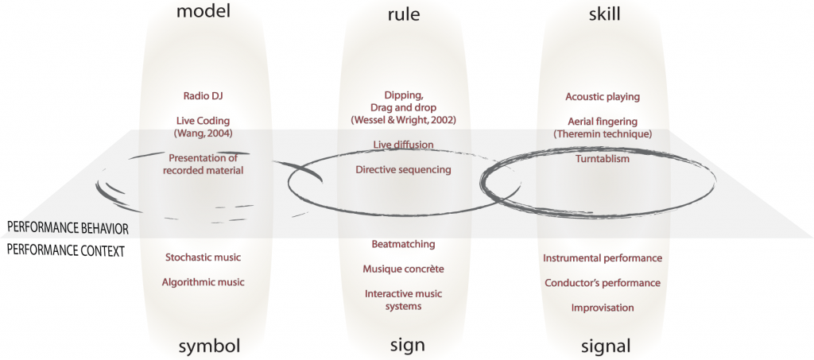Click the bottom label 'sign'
coord(403,346)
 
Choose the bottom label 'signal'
coord(602,346)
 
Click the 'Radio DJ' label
coord(203,96)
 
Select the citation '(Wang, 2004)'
coord(203,134)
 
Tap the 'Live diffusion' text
coord(403,144)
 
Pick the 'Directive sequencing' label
coord(403,169)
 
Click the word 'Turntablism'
coord(603,159)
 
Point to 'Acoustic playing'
coord(603,97)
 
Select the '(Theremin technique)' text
coord(603,134)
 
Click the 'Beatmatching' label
coord(403,243)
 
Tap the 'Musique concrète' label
coord(403,269)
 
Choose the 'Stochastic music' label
coord(203,257)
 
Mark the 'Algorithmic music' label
coord(203,282)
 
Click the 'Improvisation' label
coord(603,308)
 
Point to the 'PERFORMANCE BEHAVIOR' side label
coord(68,228)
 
